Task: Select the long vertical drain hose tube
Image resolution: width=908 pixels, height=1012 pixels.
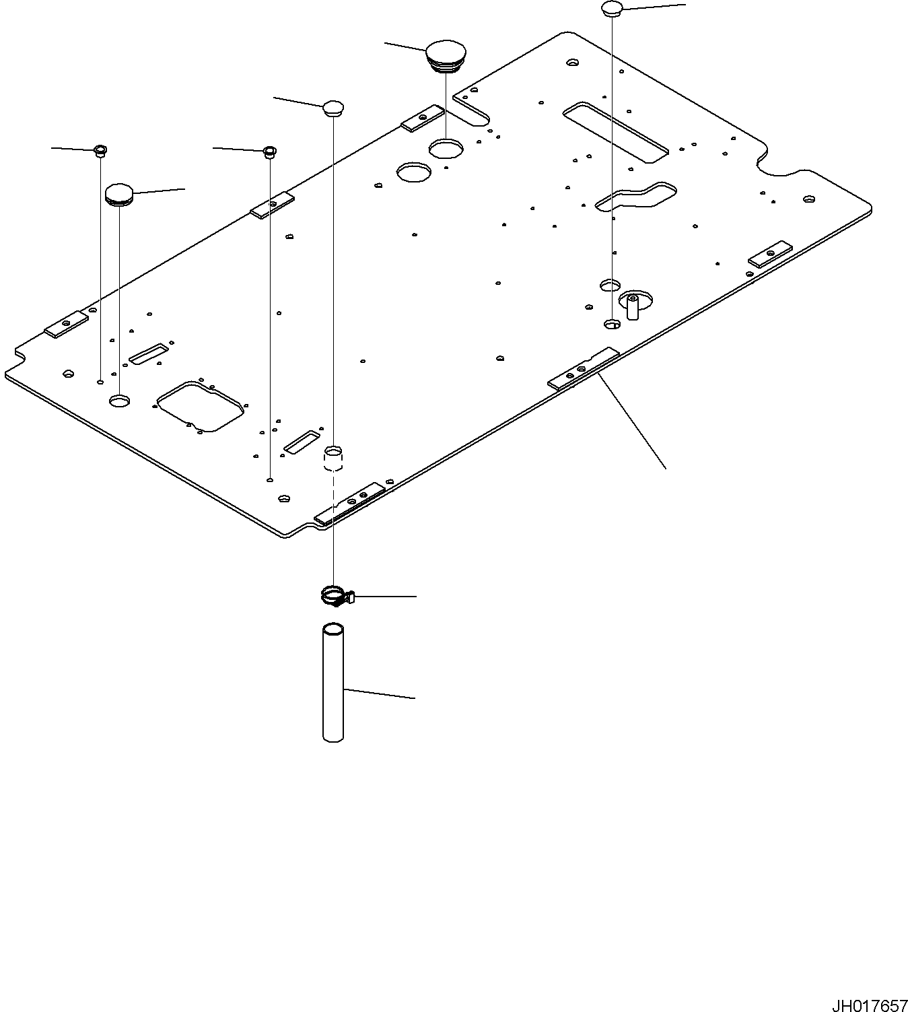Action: (333, 683)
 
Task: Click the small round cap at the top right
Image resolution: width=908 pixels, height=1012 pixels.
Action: (611, 9)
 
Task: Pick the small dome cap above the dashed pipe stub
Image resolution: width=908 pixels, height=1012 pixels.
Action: (333, 108)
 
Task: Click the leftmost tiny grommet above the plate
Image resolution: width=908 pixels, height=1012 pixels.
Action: (100, 149)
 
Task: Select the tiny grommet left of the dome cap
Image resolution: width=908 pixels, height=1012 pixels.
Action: (269, 151)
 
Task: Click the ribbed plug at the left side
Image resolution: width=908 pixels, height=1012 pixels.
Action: (119, 195)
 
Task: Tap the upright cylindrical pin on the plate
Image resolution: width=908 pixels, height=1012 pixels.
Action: (633, 306)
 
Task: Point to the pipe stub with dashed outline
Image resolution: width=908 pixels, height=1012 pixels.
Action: (334, 458)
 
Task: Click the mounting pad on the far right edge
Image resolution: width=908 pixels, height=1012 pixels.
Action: (772, 254)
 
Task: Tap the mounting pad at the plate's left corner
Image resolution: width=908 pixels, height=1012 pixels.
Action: (66, 324)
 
